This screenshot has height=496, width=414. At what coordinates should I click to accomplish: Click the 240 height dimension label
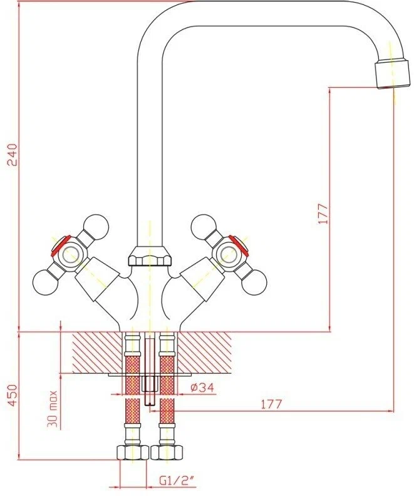(12, 155)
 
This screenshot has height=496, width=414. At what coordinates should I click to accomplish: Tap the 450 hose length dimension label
(12, 395)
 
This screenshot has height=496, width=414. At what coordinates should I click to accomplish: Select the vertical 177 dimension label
(323, 214)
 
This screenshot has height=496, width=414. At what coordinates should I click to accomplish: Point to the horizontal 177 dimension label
(271, 404)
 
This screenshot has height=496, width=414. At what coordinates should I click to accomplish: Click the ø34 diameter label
(203, 387)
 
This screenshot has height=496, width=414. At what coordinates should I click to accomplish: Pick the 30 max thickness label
(53, 409)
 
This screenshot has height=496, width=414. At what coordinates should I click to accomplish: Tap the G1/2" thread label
(177, 482)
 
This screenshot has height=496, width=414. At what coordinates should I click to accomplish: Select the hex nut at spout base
(150, 256)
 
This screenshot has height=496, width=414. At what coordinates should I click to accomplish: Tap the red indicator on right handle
(239, 245)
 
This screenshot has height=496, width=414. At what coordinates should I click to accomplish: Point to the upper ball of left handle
(97, 226)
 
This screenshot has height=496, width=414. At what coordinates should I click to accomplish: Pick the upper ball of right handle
(203, 226)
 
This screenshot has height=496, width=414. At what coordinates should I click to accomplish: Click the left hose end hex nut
(133, 453)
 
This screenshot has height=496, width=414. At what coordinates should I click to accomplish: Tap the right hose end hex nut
(167, 453)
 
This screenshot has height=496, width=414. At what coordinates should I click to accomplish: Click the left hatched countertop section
(98, 353)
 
